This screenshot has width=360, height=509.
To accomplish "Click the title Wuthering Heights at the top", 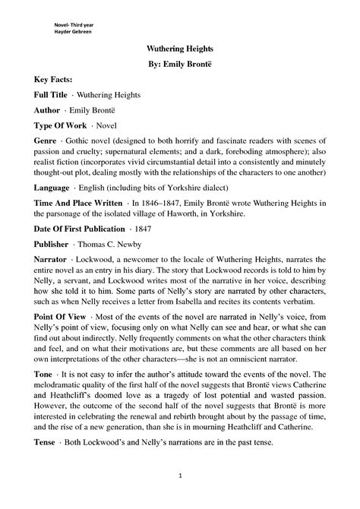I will [x=179, y=47].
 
